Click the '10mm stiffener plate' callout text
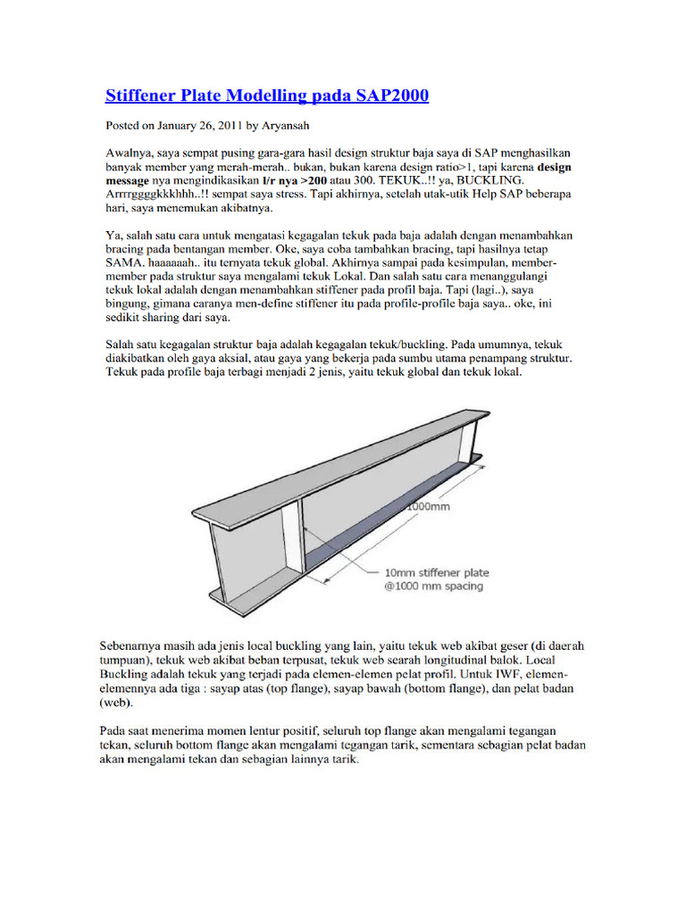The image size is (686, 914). tap(436, 572)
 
